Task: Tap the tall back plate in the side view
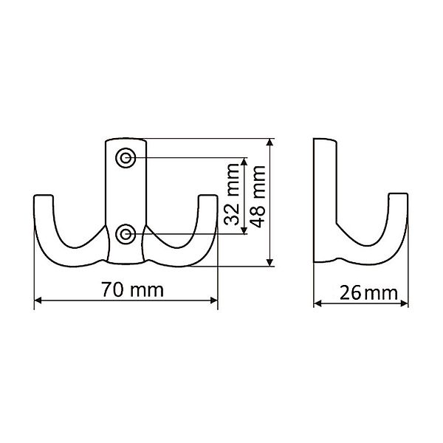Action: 324,185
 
